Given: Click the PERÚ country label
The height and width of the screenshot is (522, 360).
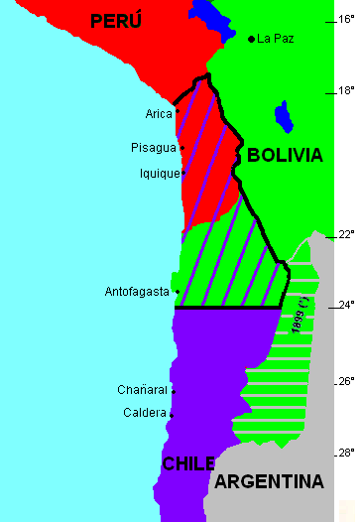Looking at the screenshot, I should [x=115, y=20].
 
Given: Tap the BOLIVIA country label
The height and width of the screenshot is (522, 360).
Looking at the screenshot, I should [x=285, y=156].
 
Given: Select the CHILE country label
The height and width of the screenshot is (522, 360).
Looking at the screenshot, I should [x=188, y=464].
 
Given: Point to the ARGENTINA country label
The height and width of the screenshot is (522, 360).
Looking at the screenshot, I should [x=269, y=482].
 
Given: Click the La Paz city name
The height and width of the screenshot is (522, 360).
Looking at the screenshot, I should [x=275, y=39].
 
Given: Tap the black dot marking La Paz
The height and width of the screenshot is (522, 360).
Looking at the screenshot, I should [x=251, y=39].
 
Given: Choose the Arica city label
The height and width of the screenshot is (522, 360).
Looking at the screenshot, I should [x=159, y=113].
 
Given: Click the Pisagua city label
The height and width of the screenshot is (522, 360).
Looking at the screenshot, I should [x=153, y=148].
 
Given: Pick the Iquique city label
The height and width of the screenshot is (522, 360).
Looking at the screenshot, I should [x=160, y=173].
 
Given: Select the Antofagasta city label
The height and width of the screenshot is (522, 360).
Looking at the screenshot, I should [x=137, y=292].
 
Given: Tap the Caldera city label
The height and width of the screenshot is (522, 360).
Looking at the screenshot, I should [x=146, y=413].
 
